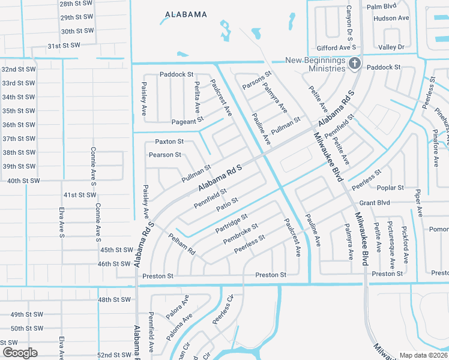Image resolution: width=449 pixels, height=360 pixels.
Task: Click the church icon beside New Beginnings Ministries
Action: pyautogui.click(x=355, y=63)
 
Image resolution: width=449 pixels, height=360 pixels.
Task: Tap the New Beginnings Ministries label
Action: pyautogui.click(x=315, y=64)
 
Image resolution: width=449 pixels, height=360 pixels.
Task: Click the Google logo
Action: pyautogui.click(x=20, y=352)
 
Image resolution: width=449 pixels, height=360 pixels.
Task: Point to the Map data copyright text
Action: pyautogui.click(x=423, y=355)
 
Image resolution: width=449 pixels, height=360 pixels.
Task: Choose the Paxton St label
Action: pyautogui.click(x=169, y=142)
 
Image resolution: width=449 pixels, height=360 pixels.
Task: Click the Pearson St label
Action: pyautogui.click(x=165, y=155)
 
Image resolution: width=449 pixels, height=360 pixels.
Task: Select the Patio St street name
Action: pyautogui.click(x=228, y=205)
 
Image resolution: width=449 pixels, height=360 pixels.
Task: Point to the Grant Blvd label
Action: pyautogui.click(x=375, y=203)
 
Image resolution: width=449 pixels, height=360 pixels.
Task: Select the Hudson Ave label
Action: pyautogui.click(x=391, y=19)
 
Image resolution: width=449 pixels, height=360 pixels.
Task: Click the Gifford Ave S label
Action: pyautogui.click(x=337, y=47)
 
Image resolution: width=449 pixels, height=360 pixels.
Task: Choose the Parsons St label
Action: pyautogui.click(x=257, y=82)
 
